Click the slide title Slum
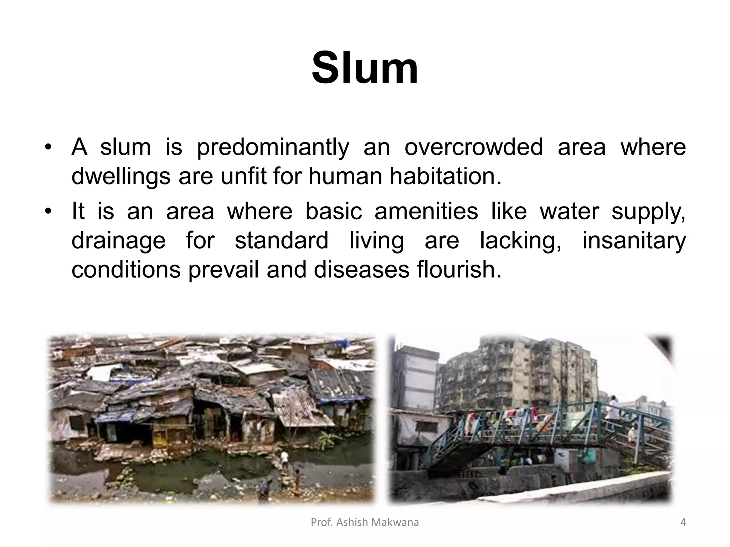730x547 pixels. pyautogui.click(x=365, y=68)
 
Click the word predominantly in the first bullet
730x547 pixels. pyautogui.click(x=273, y=147)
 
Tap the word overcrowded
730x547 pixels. pyautogui.click(x=473, y=147)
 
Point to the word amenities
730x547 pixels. pyautogui.click(x=426, y=211)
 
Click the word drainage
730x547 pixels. pyautogui.click(x=118, y=241)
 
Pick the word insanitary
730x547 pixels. pyautogui.click(x=634, y=240)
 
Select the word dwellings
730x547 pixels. pyautogui.click(x=120, y=177)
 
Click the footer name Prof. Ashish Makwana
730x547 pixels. pyautogui.click(x=365, y=522)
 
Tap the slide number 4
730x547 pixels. pyautogui.click(x=683, y=522)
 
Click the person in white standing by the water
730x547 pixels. pyautogui.click(x=284, y=459)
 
